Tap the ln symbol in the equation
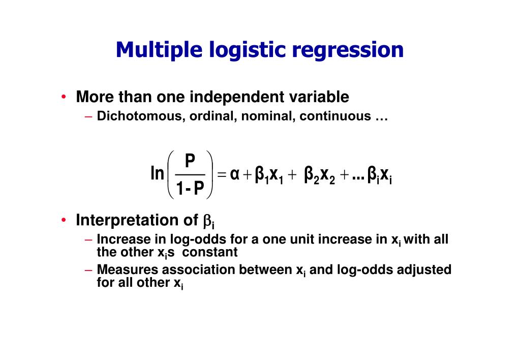(x=157, y=174)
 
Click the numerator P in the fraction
(x=190, y=161)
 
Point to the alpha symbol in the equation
(x=234, y=175)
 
